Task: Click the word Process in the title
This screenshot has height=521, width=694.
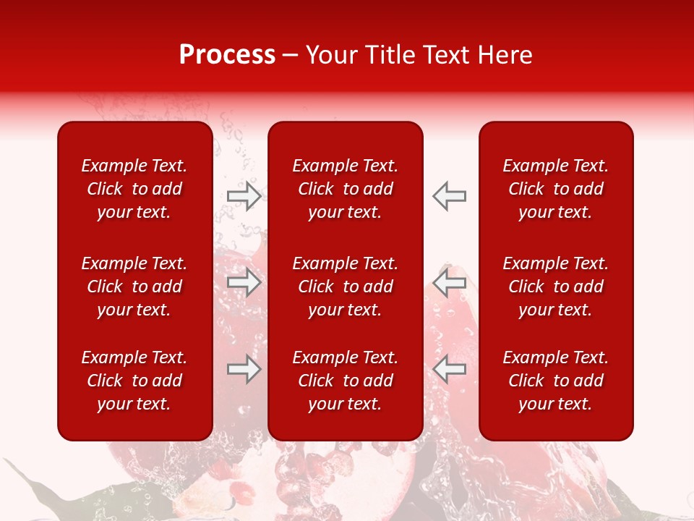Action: tap(227, 55)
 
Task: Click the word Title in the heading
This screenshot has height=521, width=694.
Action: tap(388, 55)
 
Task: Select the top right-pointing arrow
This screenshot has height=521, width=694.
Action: tap(244, 196)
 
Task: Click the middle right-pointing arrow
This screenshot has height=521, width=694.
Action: tap(244, 282)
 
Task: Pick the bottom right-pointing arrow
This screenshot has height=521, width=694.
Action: tap(244, 369)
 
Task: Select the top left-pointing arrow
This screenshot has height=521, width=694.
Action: tap(450, 196)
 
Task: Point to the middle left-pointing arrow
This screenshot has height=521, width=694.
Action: tap(450, 282)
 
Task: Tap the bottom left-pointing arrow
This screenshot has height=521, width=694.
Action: tap(450, 369)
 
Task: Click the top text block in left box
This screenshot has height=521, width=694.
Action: tap(134, 189)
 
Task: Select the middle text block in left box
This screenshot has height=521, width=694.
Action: tap(134, 287)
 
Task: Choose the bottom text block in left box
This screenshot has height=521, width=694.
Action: tap(134, 381)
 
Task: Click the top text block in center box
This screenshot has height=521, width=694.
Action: tap(346, 189)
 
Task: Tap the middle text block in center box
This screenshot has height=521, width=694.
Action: tap(346, 287)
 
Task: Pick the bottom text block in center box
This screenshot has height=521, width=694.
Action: tap(346, 381)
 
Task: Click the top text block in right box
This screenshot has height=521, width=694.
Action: tap(556, 189)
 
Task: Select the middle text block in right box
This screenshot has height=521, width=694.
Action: tap(556, 287)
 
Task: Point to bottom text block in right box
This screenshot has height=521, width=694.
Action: tap(556, 381)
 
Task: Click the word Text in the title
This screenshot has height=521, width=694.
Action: tap(447, 55)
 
